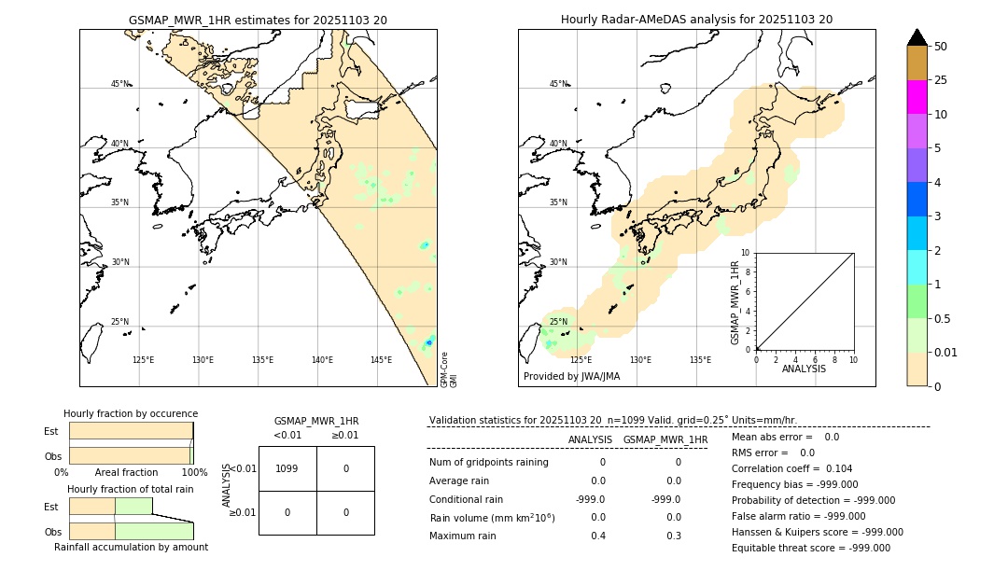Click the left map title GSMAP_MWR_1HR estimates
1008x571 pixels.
tap(258, 20)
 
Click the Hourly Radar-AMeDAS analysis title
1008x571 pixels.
tap(696, 20)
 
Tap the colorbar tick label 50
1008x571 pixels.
tap(941, 47)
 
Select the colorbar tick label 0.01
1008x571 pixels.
tap(946, 352)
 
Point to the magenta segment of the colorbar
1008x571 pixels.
tap(917, 97)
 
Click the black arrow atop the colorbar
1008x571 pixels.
tap(917, 37)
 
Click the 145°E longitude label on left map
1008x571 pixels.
tap(381, 360)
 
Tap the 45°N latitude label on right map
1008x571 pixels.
tap(558, 84)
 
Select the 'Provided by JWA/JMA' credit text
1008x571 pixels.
tap(571, 377)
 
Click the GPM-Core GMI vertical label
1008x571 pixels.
tap(448, 369)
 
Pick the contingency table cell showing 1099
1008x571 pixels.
tap(287, 468)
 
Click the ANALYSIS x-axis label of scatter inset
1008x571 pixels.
tap(804, 369)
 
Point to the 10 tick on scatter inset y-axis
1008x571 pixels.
tap(746, 253)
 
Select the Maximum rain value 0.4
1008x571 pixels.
tap(597, 536)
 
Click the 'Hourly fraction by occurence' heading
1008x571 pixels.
tap(131, 413)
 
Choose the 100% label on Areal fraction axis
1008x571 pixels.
tap(194, 473)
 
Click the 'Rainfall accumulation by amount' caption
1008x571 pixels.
tap(131, 548)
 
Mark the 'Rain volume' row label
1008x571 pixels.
tap(492, 518)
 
